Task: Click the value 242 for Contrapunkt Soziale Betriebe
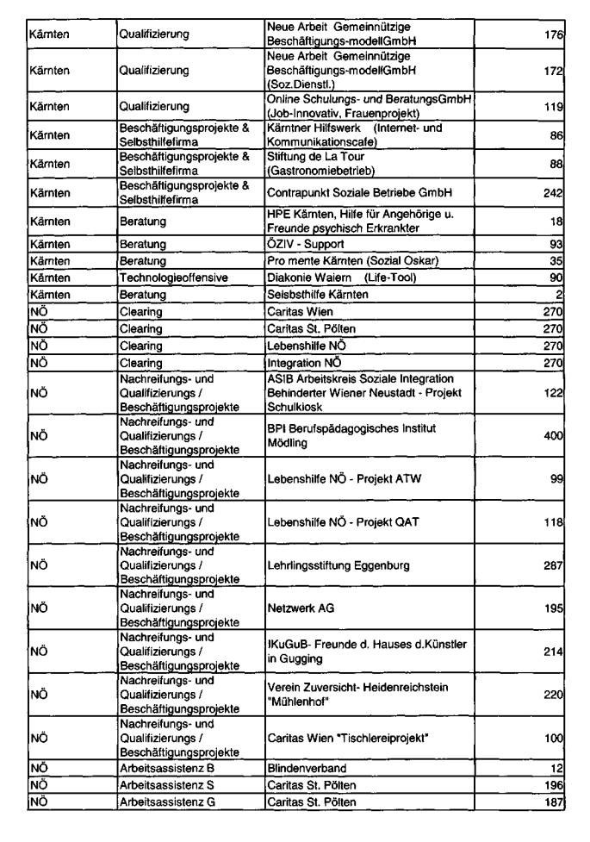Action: point(552,193)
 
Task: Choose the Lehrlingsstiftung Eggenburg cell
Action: point(337,565)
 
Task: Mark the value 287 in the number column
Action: point(552,565)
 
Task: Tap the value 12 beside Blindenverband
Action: point(556,768)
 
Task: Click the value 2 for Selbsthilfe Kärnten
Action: point(559,295)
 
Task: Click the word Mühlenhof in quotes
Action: point(302,702)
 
